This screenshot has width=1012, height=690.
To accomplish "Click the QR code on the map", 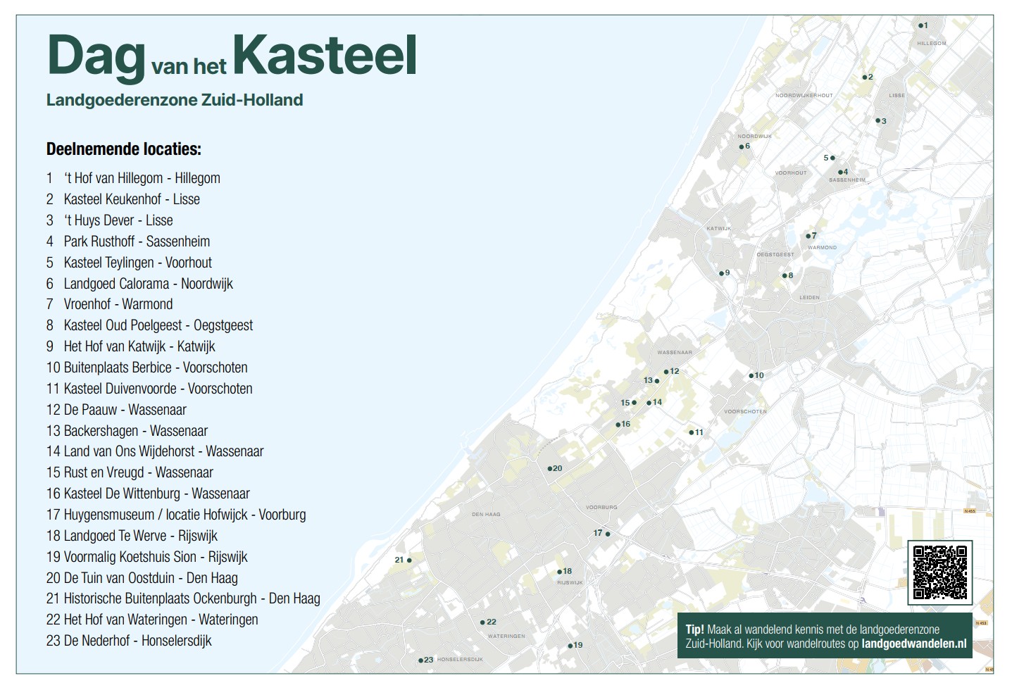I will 939,572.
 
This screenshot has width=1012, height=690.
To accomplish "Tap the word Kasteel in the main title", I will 325,56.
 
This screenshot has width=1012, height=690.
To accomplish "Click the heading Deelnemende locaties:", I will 124,149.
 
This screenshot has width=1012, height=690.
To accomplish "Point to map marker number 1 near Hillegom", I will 920,25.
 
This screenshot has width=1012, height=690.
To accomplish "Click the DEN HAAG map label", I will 486,515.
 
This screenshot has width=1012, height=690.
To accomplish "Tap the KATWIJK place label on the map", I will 718,229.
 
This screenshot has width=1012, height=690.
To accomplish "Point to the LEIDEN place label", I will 809,298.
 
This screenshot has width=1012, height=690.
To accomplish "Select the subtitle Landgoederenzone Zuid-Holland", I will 175,100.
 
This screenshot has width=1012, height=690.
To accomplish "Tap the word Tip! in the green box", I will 695,629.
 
